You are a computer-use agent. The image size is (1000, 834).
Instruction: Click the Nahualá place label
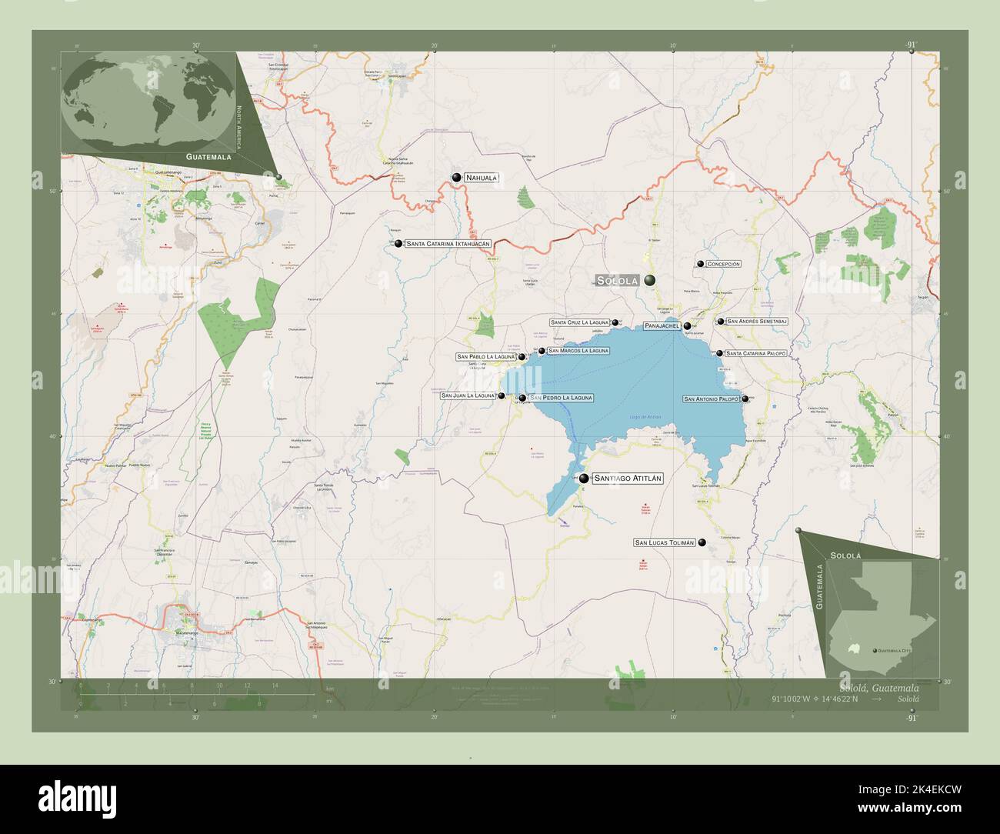click(x=482, y=178)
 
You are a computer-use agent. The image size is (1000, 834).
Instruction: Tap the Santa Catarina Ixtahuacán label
click(x=447, y=243)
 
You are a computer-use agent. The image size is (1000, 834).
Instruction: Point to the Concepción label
click(x=723, y=264)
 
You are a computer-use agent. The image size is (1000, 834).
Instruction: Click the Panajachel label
click(x=661, y=326)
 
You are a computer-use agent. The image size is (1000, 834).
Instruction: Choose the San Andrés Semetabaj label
click(x=756, y=321)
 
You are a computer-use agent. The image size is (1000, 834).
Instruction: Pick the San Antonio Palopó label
click(x=711, y=399)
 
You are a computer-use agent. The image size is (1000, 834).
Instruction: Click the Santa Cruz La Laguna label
click(x=579, y=322)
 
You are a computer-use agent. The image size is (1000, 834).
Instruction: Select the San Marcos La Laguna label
click(x=578, y=351)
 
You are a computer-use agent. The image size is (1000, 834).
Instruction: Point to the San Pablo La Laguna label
click(x=485, y=357)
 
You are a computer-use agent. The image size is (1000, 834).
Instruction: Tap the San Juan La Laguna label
click(x=468, y=395)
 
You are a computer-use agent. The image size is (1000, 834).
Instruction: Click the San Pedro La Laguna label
click(x=561, y=398)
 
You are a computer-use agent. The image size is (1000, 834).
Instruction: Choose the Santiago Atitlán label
click(x=628, y=479)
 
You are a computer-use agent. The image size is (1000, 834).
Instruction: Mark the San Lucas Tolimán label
click(x=665, y=542)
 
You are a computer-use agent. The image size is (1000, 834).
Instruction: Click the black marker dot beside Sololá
click(x=651, y=281)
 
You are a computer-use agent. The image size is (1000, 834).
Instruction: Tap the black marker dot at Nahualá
click(x=457, y=178)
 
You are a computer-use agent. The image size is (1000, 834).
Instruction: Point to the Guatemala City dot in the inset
click(x=874, y=651)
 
